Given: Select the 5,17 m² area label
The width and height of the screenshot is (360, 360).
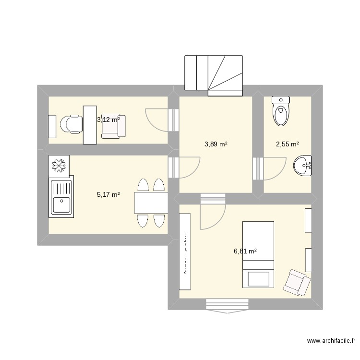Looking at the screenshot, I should tap(108, 194).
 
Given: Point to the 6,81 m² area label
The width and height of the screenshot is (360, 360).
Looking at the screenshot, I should tap(245, 251).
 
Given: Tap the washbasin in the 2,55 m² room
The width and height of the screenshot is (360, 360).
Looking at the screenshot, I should tap(303, 166).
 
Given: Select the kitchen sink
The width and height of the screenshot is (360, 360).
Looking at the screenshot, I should tap(60, 197).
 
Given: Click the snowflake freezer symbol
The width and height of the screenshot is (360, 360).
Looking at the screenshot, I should tap(59, 165).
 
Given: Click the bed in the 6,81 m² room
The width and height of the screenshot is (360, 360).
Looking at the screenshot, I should tap(258, 254).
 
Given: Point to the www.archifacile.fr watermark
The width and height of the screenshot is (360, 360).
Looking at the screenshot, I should tap(331, 341).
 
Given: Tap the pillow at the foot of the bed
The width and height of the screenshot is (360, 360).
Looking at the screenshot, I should tap(258, 278).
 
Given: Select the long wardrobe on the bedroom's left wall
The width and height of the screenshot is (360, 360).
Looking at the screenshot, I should tap(185, 252).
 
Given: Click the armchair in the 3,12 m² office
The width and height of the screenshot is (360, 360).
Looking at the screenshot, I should tap(116, 126).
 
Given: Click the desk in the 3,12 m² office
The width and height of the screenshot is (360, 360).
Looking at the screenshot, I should tap(90, 125).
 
